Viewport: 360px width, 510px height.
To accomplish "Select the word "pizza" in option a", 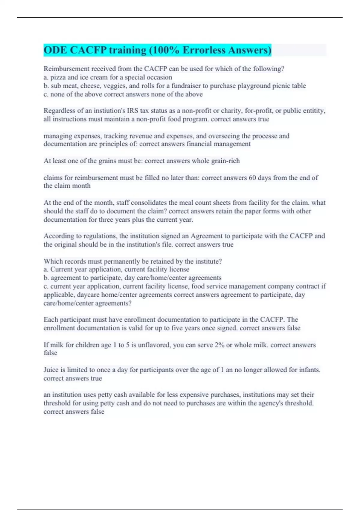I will [x=58, y=77].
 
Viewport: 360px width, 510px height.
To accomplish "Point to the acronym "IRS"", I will [x=132, y=111].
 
